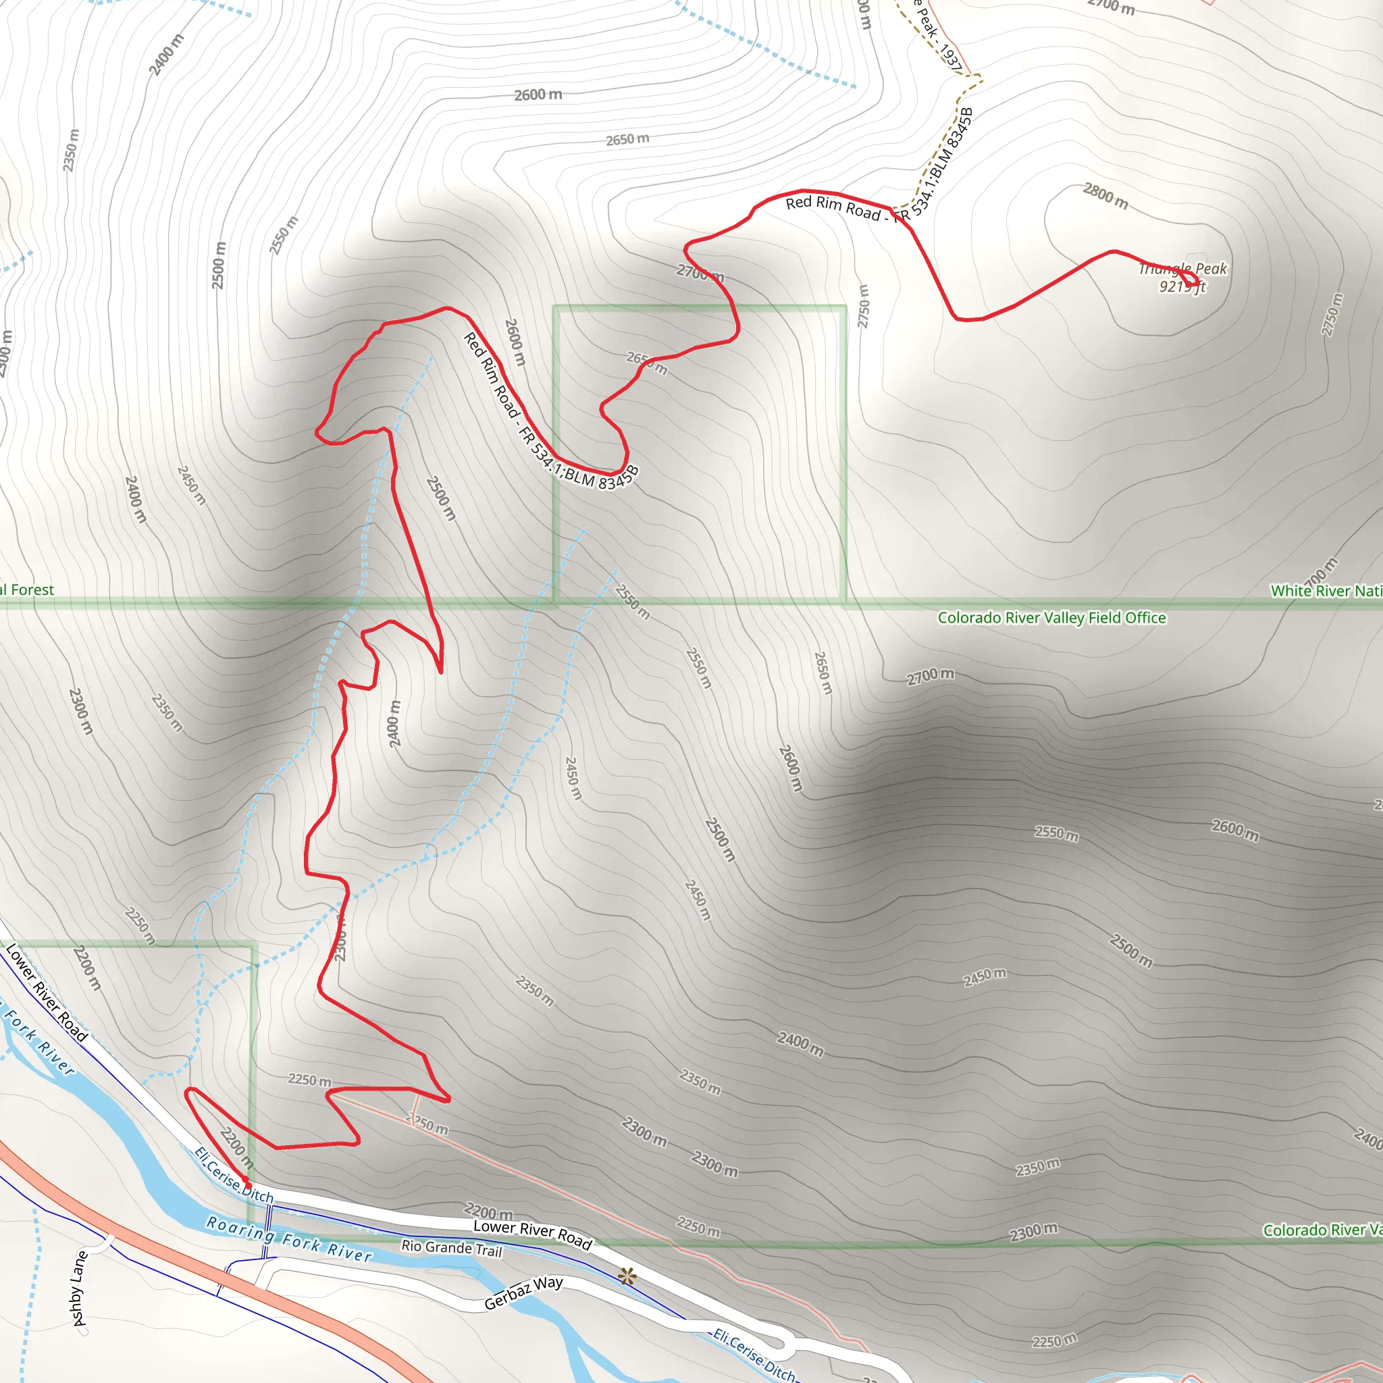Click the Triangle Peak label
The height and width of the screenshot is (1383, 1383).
(1182, 269)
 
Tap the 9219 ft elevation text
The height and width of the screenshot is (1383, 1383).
(1182, 287)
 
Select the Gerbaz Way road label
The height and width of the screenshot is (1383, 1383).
(523, 1293)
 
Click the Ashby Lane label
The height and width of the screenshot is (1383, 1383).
(80, 1288)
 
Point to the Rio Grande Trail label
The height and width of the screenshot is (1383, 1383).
(452, 1248)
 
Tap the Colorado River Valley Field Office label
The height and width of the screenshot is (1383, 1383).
(1051, 618)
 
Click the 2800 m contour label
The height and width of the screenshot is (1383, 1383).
(1105, 195)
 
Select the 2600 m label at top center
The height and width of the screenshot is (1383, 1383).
(538, 95)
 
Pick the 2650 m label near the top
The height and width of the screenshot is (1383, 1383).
(627, 139)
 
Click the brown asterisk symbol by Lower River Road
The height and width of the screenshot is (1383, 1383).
(627, 1276)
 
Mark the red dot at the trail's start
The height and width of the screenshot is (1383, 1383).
(246, 1179)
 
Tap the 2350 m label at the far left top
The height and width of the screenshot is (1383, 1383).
(70, 151)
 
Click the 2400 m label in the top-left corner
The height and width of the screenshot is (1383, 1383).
(165, 55)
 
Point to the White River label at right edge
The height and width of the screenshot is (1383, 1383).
(1326, 591)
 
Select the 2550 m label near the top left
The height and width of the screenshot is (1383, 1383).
(284, 235)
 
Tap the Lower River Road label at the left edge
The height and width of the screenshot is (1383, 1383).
(47, 992)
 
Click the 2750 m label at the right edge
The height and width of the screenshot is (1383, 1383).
(1332, 313)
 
